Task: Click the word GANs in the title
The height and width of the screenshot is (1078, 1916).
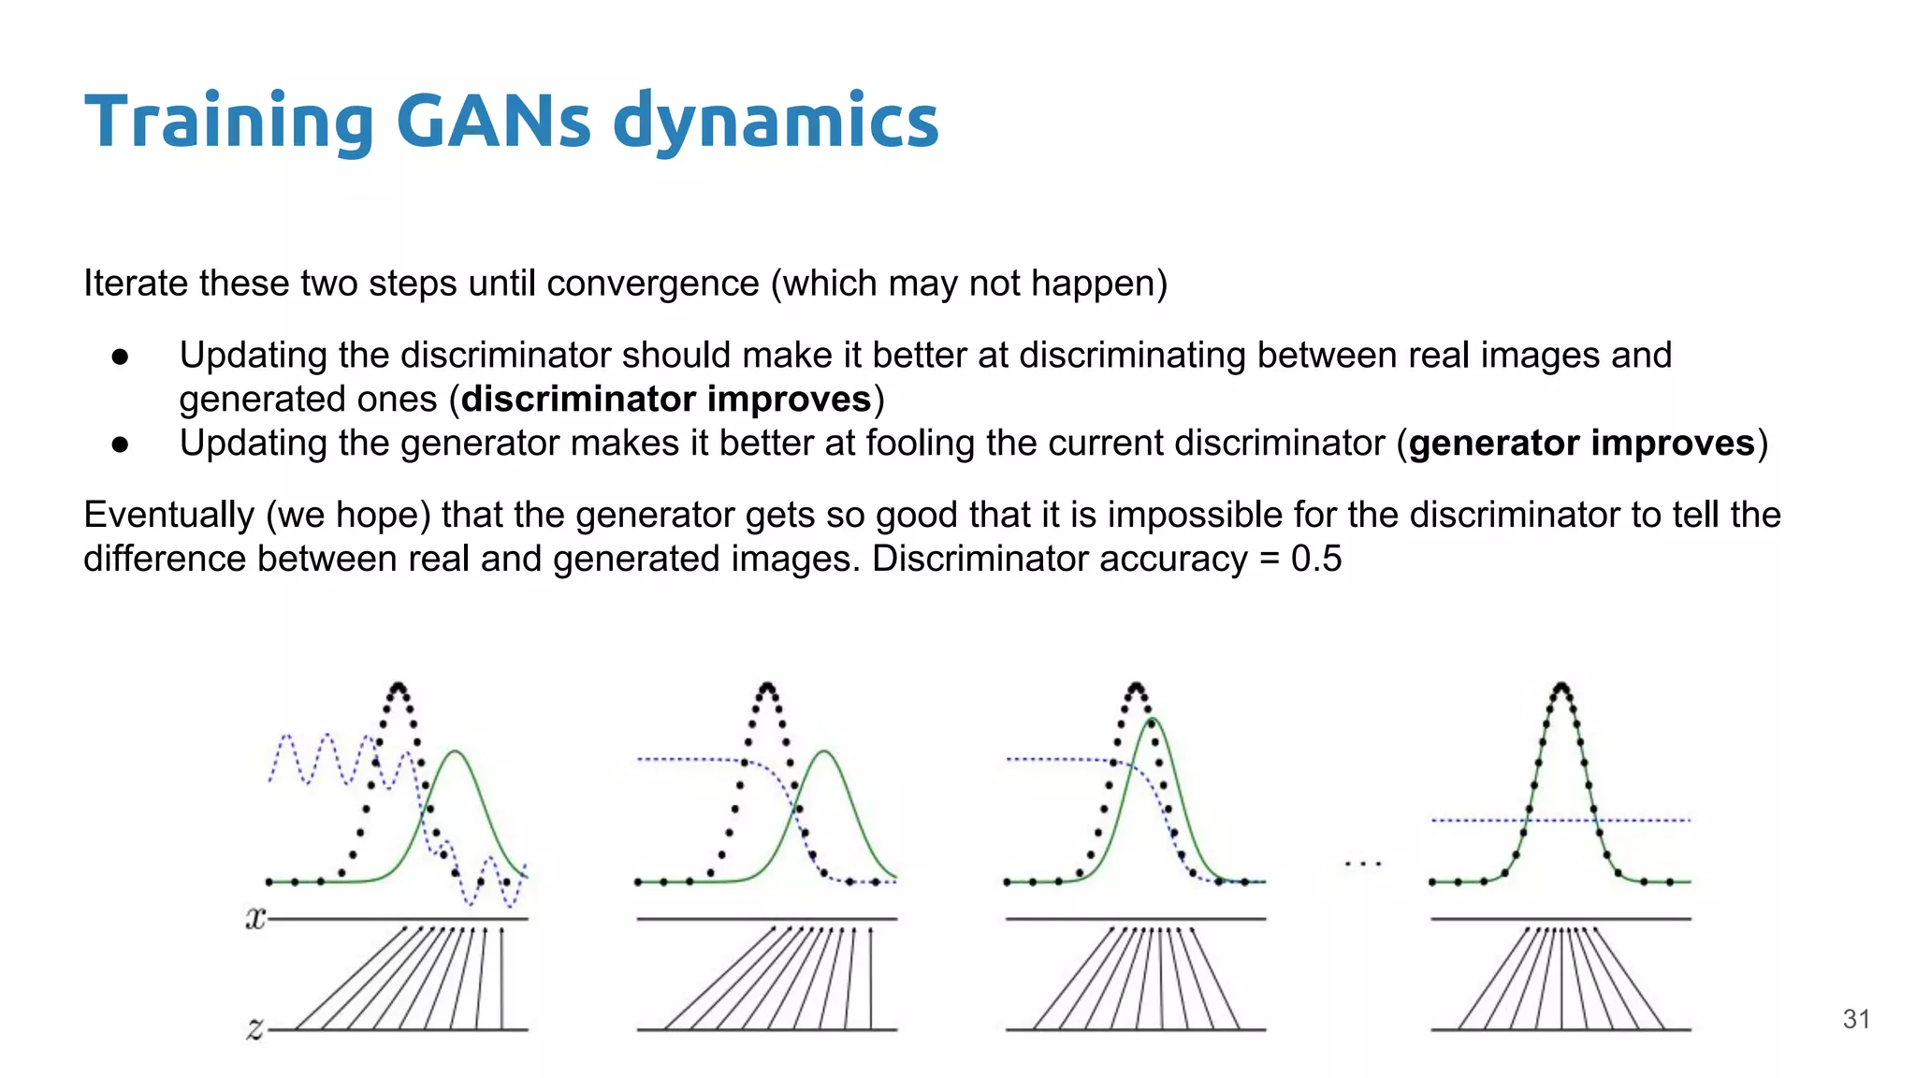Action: pyautogui.click(x=493, y=122)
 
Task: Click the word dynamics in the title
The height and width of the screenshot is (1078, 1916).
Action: pyautogui.click(x=776, y=122)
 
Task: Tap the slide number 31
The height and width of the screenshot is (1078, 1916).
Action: pyautogui.click(x=1856, y=1019)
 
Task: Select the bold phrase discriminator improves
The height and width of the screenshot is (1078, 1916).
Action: pyautogui.click(x=666, y=400)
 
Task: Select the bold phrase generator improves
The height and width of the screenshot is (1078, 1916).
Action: pyautogui.click(x=1582, y=444)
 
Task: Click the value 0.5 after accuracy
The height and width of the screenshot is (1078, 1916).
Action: pyautogui.click(x=1316, y=559)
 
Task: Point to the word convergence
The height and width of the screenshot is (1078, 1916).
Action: pyautogui.click(x=653, y=284)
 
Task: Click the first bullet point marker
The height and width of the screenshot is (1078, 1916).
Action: pyautogui.click(x=120, y=357)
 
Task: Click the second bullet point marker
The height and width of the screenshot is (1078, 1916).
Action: pyautogui.click(x=120, y=444)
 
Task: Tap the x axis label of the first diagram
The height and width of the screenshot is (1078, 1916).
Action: pyautogui.click(x=254, y=919)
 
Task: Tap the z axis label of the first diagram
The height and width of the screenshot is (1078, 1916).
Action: pyautogui.click(x=254, y=1029)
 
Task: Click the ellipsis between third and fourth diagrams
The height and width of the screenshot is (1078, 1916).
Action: pyautogui.click(x=1363, y=864)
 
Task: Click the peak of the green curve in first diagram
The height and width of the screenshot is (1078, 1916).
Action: pyautogui.click(x=456, y=751)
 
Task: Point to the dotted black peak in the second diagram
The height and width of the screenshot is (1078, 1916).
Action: pyautogui.click(x=768, y=686)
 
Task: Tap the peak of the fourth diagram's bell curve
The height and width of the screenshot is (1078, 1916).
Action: pyautogui.click(x=1561, y=686)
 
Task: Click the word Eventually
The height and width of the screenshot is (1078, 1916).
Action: pyautogui.click(x=168, y=516)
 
